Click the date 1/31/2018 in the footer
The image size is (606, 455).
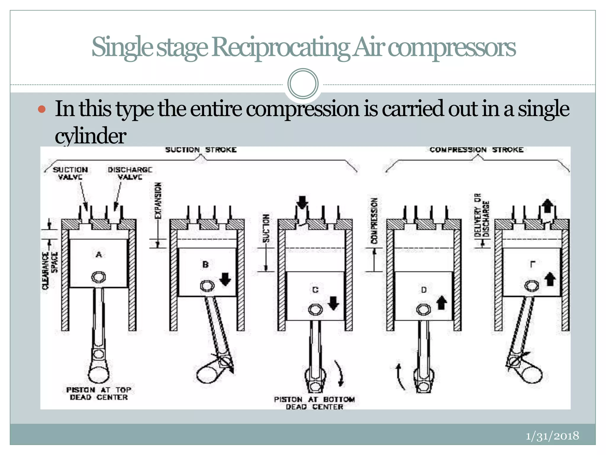tap(552, 436)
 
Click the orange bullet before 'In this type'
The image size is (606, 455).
tap(42, 109)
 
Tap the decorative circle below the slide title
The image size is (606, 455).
tap(303, 84)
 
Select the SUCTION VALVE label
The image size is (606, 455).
tap(70, 173)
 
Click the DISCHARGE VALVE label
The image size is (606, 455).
tap(130, 173)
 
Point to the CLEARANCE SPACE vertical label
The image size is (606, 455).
tap(50, 270)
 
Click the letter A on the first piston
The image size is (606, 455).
tap(99, 254)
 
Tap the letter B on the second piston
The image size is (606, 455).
tap(205, 265)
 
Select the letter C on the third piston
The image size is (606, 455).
tap(315, 290)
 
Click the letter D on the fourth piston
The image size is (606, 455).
tap(424, 290)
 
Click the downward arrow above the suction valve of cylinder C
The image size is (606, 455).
tap(302, 203)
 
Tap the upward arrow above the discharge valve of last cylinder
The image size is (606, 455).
tap(547, 206)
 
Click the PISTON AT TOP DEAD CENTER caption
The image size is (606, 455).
tap(99, 394)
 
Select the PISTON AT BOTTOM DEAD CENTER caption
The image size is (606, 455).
tap(314, 403)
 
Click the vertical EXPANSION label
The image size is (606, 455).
tap(159, 201)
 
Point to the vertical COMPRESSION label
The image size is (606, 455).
tap(375, 221)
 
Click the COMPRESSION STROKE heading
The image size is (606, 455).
tap(476, 150)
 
